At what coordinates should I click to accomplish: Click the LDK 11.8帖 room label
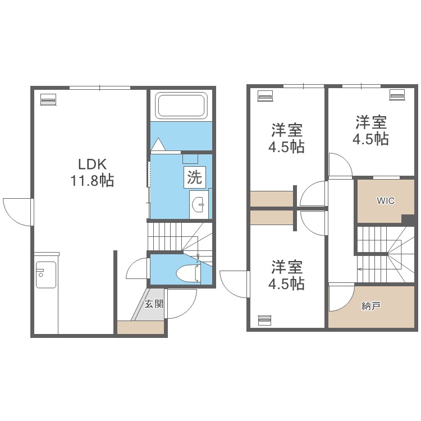click(92, 172)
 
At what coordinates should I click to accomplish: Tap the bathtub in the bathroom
click(181, 106)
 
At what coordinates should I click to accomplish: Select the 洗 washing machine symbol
click(195, 177)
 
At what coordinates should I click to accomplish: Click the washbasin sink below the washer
click(199, 204)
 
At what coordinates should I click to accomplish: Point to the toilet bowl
click(189, 273)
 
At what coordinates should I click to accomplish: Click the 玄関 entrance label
click(154, 304)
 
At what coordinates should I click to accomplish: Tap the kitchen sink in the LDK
click(46, 274)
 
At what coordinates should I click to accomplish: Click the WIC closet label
click(386, 200)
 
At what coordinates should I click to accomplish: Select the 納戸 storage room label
click(371, 306)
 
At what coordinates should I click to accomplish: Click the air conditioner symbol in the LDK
click(48, 99)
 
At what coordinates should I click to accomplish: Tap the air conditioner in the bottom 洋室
click(265, 320)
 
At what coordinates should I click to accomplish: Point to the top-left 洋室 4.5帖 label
click(286, 138)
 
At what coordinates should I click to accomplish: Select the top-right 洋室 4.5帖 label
click(370, 130)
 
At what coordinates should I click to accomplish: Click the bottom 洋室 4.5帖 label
click(286, 275)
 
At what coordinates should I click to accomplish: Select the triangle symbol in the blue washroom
click(158, 144)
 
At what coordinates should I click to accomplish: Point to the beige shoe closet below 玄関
click(141, 327)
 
